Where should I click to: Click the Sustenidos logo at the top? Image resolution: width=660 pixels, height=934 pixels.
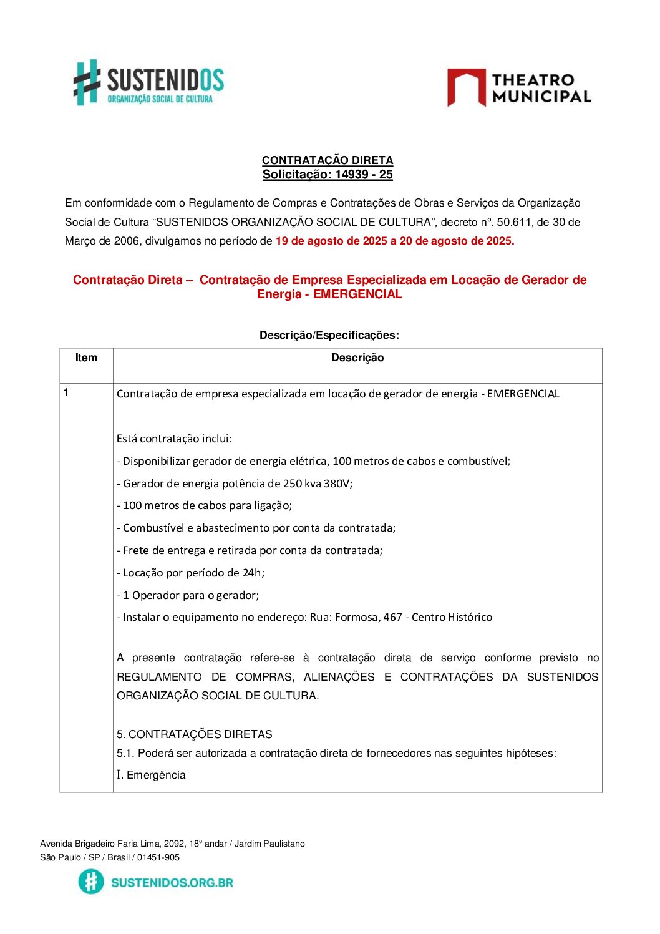[148, 82]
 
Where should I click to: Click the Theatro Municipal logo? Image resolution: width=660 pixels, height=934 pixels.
[518, 88]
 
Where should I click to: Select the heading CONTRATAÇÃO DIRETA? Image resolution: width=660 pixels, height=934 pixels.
[328, 160]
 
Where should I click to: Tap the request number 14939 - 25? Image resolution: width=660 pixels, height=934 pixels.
[364, 175]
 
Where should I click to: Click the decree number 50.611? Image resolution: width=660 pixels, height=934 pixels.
[513, 222]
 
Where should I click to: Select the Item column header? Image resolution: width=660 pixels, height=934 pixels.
[86, 358]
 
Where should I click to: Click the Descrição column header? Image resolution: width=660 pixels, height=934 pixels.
[357, 358]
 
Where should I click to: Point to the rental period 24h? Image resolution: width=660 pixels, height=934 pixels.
[253, 573]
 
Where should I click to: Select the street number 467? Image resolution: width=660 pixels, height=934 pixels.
[392, 617]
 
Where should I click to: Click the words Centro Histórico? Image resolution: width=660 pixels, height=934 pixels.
[452, 617]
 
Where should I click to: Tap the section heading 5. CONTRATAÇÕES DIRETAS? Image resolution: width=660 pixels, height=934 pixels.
[195, 734]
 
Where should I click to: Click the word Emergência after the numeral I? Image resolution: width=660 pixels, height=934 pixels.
[156, 775]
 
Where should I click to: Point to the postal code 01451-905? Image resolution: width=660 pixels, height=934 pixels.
[158, 857]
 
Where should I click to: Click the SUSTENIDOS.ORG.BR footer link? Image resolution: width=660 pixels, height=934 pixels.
[172, 883]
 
